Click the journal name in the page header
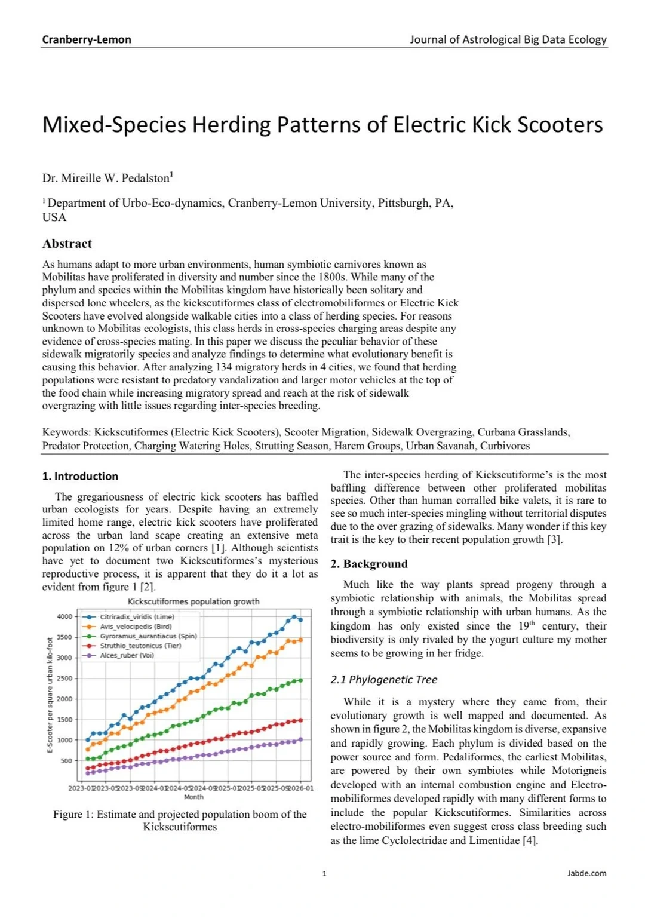click(x=508, y=39)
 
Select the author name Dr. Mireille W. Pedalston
click(x=106, y=178)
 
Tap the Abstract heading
click(x=67, y=244)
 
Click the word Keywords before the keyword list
click(x=66, y=432)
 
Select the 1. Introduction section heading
click(x=80, y=476)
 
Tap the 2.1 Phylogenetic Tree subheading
click(x=383, y=679)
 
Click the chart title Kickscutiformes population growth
click(x=193, y=601)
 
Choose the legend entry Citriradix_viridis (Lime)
click(x=137, y=617)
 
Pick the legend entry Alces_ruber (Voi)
click(x=127, y=655)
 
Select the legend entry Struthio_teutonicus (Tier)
click(x=140, y=646)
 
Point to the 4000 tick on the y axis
click(x=64, y=616)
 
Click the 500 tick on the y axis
click(x=66, y=760)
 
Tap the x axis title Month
click(x=193, y=797)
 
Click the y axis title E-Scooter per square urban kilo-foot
click(x=50, y=695)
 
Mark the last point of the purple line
click(x=300, y=739)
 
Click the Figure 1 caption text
click(x=180, y=820)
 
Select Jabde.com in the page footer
click(x=586, y=873)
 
